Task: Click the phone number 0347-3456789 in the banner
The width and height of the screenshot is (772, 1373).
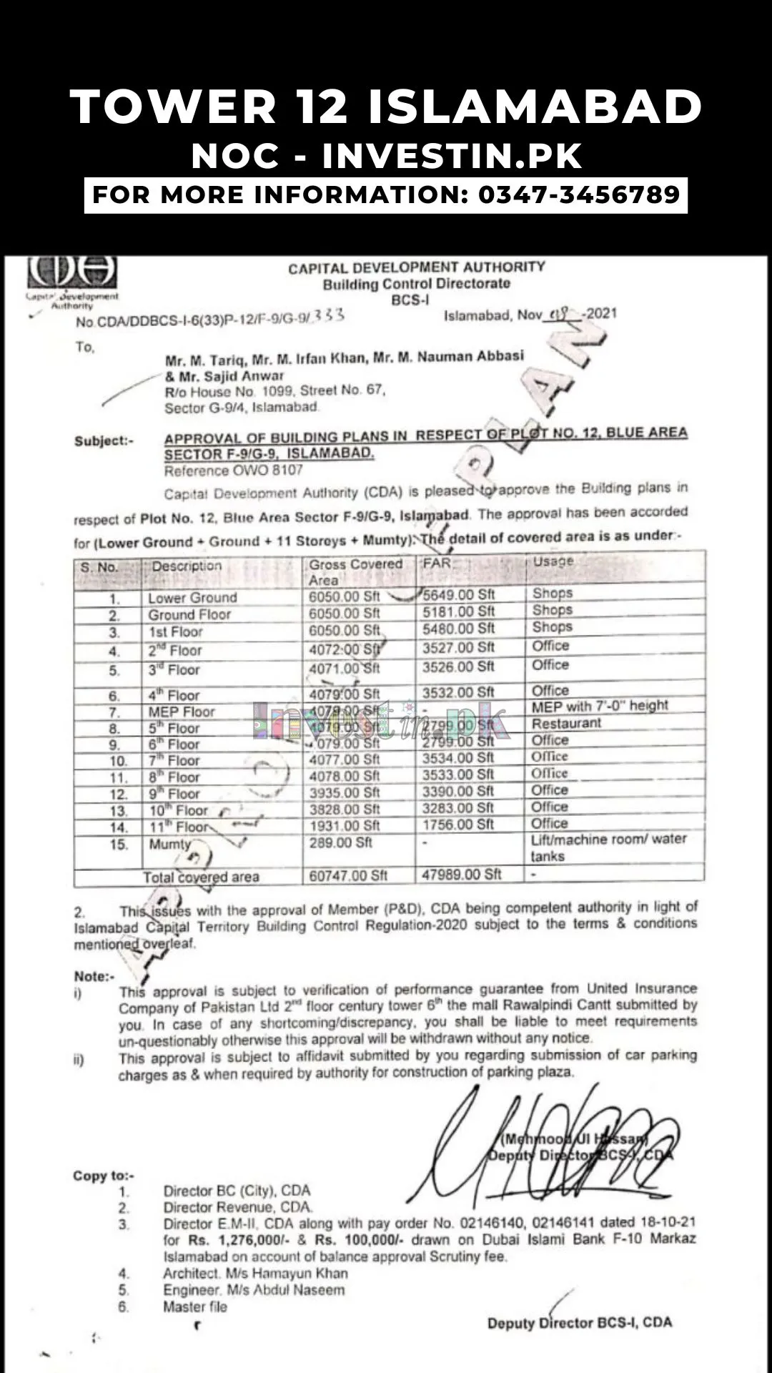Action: click(x=578, y=195)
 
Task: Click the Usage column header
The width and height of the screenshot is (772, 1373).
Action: click(x=553, y=562)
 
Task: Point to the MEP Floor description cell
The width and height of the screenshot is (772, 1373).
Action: click(x=182, y=712)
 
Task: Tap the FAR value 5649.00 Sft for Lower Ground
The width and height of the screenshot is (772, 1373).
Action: click(x=458, y=594)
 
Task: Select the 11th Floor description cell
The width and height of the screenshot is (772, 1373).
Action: click(x=179, y=827)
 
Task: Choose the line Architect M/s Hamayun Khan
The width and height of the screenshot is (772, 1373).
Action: click(x=255, y=1274)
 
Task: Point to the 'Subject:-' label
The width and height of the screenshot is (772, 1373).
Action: click(x=104, y=441)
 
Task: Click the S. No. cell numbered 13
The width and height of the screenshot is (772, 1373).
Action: click(x=119, y=811)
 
